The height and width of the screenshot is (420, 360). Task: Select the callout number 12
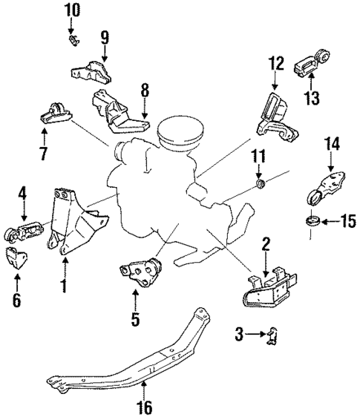pyautogui.click(x=276, y=63)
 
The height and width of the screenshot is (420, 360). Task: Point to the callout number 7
pyautogui.click(x=44, y=154)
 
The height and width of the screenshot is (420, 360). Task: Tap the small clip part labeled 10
pyautogui.click(x=73, y=39)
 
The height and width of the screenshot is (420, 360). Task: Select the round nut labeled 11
pyautogui.click(x=260, y=183)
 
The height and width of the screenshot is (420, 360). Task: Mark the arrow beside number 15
pyautogui.click(x=328, y=220)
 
